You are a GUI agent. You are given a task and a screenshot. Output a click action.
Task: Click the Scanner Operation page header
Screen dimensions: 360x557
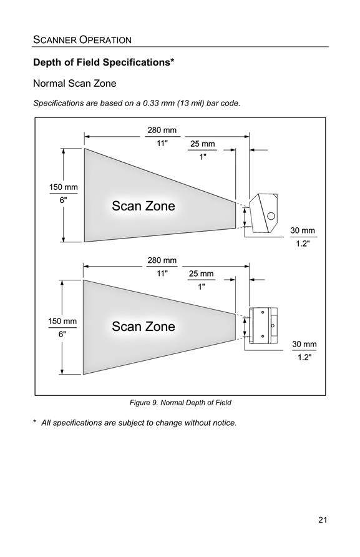(82, 39)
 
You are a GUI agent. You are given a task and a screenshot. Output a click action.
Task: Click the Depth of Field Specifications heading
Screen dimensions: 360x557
(104, 62)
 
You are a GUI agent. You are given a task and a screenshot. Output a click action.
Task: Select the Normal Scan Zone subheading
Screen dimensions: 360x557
(74, 84)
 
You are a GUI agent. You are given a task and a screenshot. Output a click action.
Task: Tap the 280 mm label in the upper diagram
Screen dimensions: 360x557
(162, 130)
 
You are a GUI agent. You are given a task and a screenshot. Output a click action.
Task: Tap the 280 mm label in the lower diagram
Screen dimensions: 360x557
(162, 260)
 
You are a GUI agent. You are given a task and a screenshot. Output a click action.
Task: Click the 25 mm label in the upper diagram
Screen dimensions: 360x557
(202, 144)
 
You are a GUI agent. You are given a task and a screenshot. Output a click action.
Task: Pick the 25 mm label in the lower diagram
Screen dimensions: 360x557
(202, 274)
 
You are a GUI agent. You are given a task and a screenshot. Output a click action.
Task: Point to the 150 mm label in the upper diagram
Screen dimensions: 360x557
(63, 187)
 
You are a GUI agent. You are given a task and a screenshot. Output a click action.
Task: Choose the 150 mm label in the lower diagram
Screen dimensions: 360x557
(62, 321)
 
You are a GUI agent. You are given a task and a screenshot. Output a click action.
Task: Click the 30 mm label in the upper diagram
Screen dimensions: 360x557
(303, 230)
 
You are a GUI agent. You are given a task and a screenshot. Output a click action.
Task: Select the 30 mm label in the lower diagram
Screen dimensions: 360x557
(304, 344)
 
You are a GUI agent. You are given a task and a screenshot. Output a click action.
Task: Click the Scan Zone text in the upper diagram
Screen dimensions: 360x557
(144, 206)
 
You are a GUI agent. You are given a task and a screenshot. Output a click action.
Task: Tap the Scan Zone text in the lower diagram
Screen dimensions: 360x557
(144, 327)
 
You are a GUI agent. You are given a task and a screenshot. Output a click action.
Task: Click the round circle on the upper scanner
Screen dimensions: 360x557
(271, 215)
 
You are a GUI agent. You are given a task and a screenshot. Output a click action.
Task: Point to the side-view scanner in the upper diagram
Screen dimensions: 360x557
(263, 213)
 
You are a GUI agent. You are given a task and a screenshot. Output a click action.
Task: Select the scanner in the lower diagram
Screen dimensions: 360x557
(263, 326)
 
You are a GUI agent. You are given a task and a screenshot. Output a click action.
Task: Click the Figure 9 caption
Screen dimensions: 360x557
(180, 403)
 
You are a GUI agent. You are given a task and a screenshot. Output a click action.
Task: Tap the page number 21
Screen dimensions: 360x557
(323, 520)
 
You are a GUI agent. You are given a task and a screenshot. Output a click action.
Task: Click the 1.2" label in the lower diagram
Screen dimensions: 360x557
(304, 357)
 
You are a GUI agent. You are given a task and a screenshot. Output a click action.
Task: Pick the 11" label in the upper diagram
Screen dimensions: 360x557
(162, 143)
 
